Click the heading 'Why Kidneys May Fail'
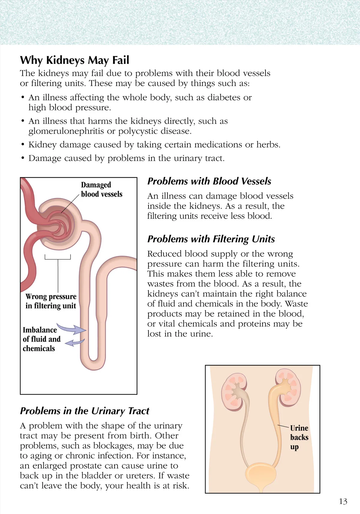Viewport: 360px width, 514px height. pos(74,60)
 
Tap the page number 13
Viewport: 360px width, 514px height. pos(343,501)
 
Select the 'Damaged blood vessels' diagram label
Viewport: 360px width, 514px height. pos(101,190)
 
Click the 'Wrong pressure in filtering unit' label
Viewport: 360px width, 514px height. pos(51,301)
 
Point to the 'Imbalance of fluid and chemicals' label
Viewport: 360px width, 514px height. pos(41,339)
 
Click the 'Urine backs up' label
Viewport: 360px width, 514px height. pos(299,437)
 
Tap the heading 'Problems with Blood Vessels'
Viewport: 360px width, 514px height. pos(209,181)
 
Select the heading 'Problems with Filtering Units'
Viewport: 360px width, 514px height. pos(211,239)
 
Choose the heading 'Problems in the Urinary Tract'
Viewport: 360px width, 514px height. pos(84,411)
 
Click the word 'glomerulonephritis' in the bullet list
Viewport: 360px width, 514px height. pos(71,131)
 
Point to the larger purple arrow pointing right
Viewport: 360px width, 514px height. pos(72,329)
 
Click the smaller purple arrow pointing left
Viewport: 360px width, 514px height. pos(74,342)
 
